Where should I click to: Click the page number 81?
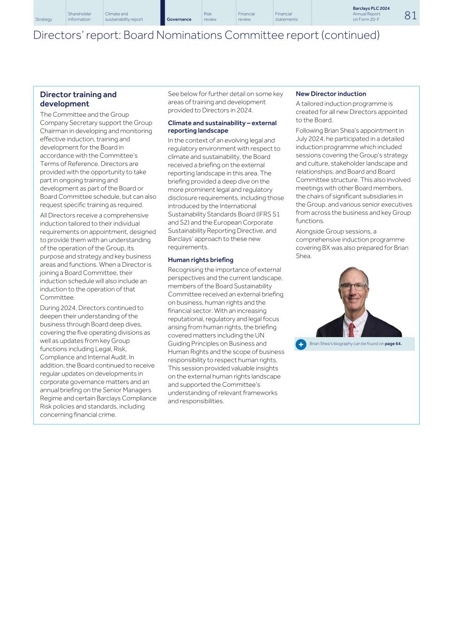(410, 15)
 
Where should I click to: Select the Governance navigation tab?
(179, 19)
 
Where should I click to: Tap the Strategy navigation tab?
(44, 19)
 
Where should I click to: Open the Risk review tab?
(210, 17)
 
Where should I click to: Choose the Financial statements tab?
(286, 17)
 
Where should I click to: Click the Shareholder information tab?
(79, 17)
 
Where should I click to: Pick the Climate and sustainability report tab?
(124, 17)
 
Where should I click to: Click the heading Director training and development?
(78, 99)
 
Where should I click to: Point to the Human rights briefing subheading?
(200, 260)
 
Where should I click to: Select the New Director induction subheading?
(330, 94)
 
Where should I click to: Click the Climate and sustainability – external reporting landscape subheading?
(222, 127)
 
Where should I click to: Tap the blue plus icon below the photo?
(301, 344)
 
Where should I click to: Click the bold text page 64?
(393, 344)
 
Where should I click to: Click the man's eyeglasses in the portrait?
(353, 286)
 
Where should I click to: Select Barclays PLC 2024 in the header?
(371, 8)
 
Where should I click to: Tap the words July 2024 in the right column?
(309, 139)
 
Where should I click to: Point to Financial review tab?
(246, 17)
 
